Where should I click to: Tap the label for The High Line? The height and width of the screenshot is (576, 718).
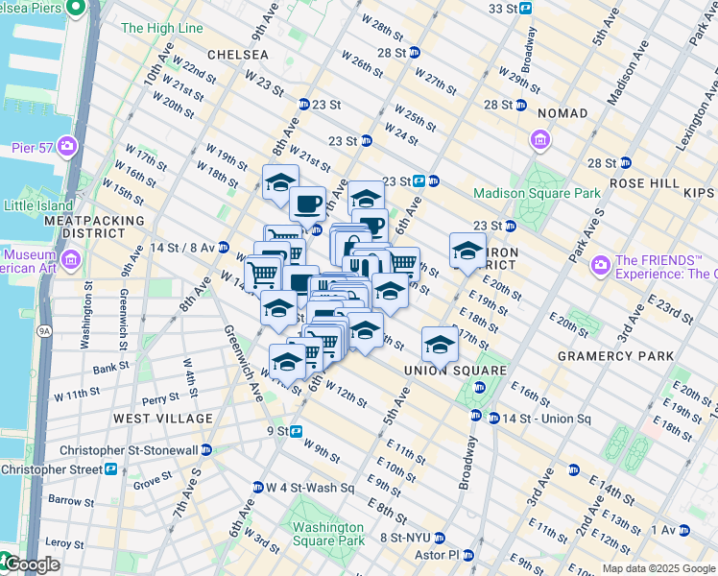point(161,28)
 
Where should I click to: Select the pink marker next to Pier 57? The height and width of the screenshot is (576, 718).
point(67,146)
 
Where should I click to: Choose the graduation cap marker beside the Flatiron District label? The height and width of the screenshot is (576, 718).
point(467,252)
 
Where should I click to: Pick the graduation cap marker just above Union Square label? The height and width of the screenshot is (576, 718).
point(439,344)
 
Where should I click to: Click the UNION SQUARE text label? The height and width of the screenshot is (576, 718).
point(442,371)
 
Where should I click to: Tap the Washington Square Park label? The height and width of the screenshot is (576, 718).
point(328,534)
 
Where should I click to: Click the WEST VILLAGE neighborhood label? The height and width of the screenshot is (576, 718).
point(162,419)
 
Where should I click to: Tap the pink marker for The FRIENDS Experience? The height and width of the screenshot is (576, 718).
point(602,264)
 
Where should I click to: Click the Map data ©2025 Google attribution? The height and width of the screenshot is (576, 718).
point(658,568)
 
